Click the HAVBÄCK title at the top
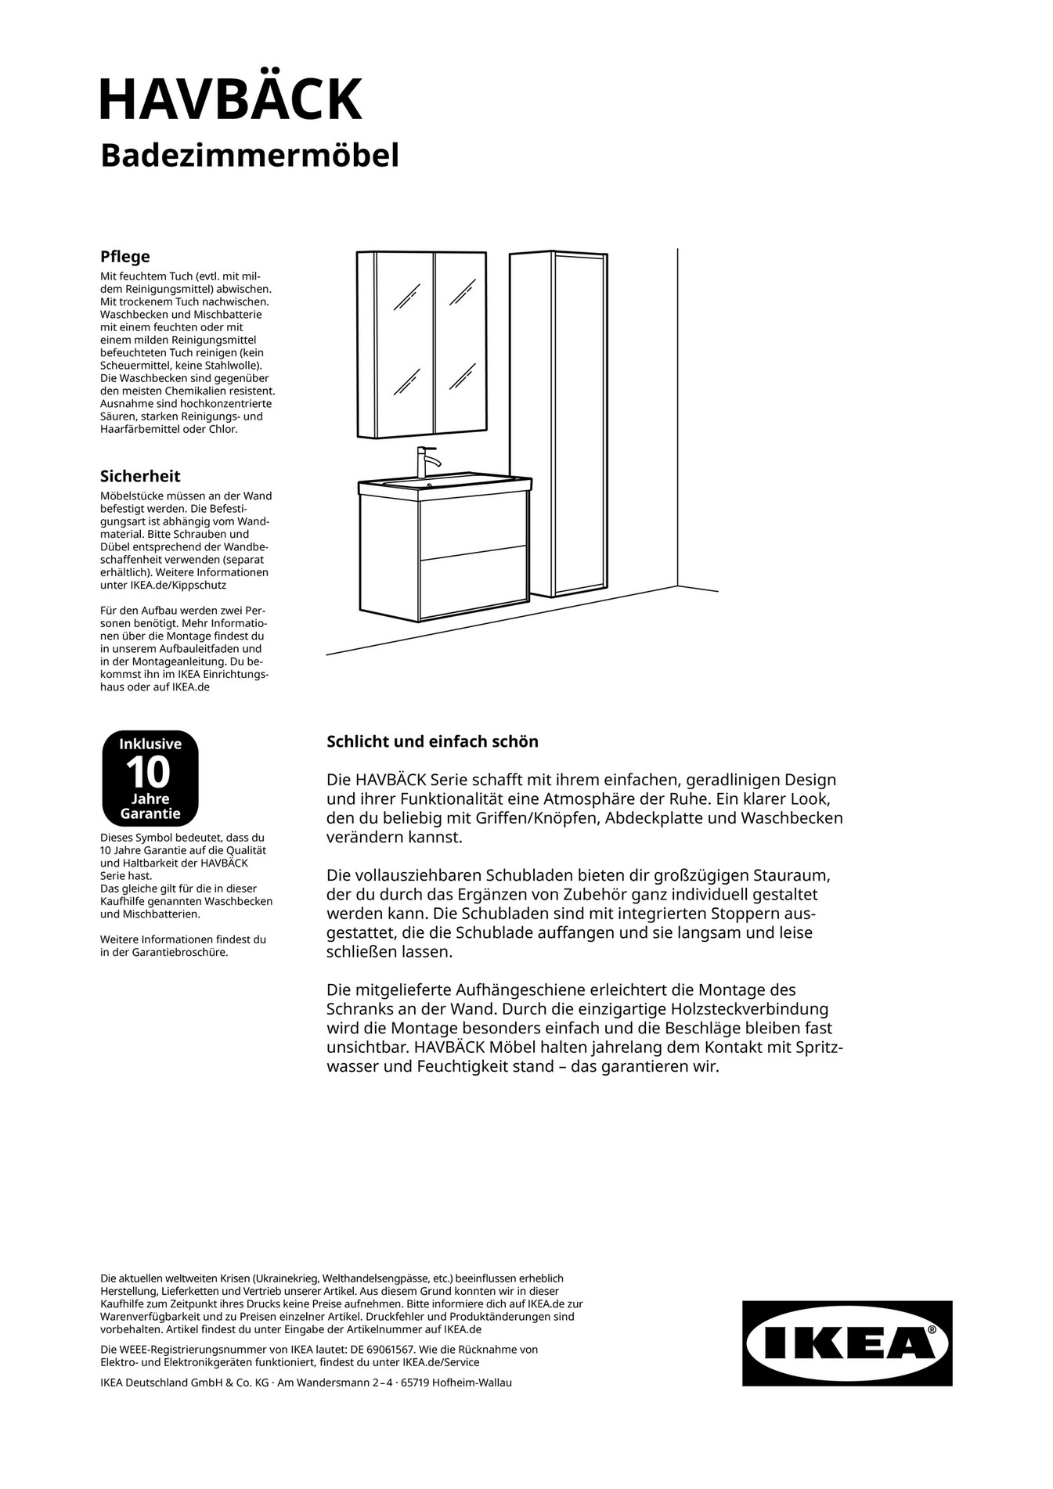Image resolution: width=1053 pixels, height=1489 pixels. (231, 99)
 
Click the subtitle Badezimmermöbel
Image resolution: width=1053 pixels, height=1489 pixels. (249, 155)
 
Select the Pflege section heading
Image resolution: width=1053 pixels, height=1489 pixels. (124, 257)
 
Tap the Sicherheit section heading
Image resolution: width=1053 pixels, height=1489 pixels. (139, 476)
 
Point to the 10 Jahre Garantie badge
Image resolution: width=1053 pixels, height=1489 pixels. (150, 778)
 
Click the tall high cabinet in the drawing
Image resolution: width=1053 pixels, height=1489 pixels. (557, 423)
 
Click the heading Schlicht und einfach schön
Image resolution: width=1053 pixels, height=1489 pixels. (432, 741)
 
